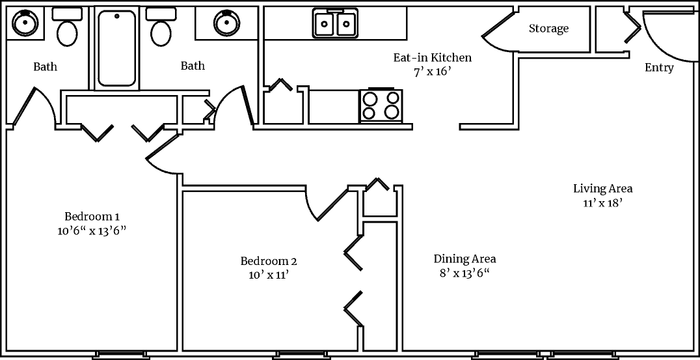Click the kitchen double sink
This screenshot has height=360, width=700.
(336, 25)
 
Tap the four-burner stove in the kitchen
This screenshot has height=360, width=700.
(381, 105)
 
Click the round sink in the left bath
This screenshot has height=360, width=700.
(23, 24)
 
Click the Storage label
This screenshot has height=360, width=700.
(548, 29)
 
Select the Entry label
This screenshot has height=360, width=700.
(659, 68)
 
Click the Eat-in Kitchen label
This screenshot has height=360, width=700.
(432, 58)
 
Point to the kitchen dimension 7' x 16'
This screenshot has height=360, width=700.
(432, 72)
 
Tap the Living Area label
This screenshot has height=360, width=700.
(602, 189)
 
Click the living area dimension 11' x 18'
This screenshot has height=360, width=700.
(602, 202)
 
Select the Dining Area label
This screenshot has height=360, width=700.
(464, 259)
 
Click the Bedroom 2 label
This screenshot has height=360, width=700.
(269, 262)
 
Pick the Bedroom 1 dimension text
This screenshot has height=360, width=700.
(92, 230)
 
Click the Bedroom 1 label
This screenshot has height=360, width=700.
(92, 217)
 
